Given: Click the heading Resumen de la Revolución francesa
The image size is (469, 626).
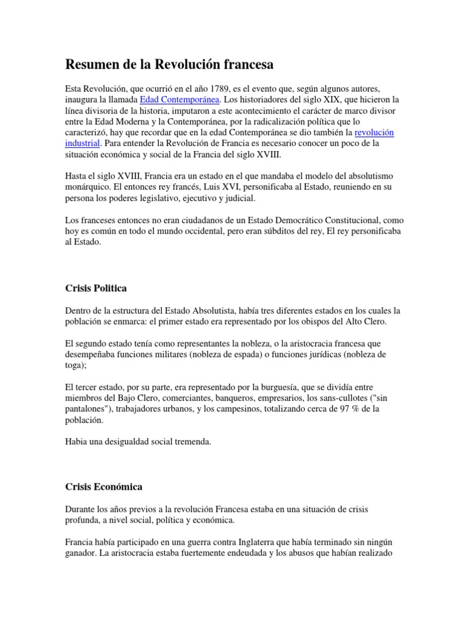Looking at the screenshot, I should click(x=169, y=64).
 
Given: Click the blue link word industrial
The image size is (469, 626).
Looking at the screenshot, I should click(x=83, y=143).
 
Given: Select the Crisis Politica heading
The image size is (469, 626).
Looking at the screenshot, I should click(x=96, y=287).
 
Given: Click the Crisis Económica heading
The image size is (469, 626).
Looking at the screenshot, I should click(x=104, y=487).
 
